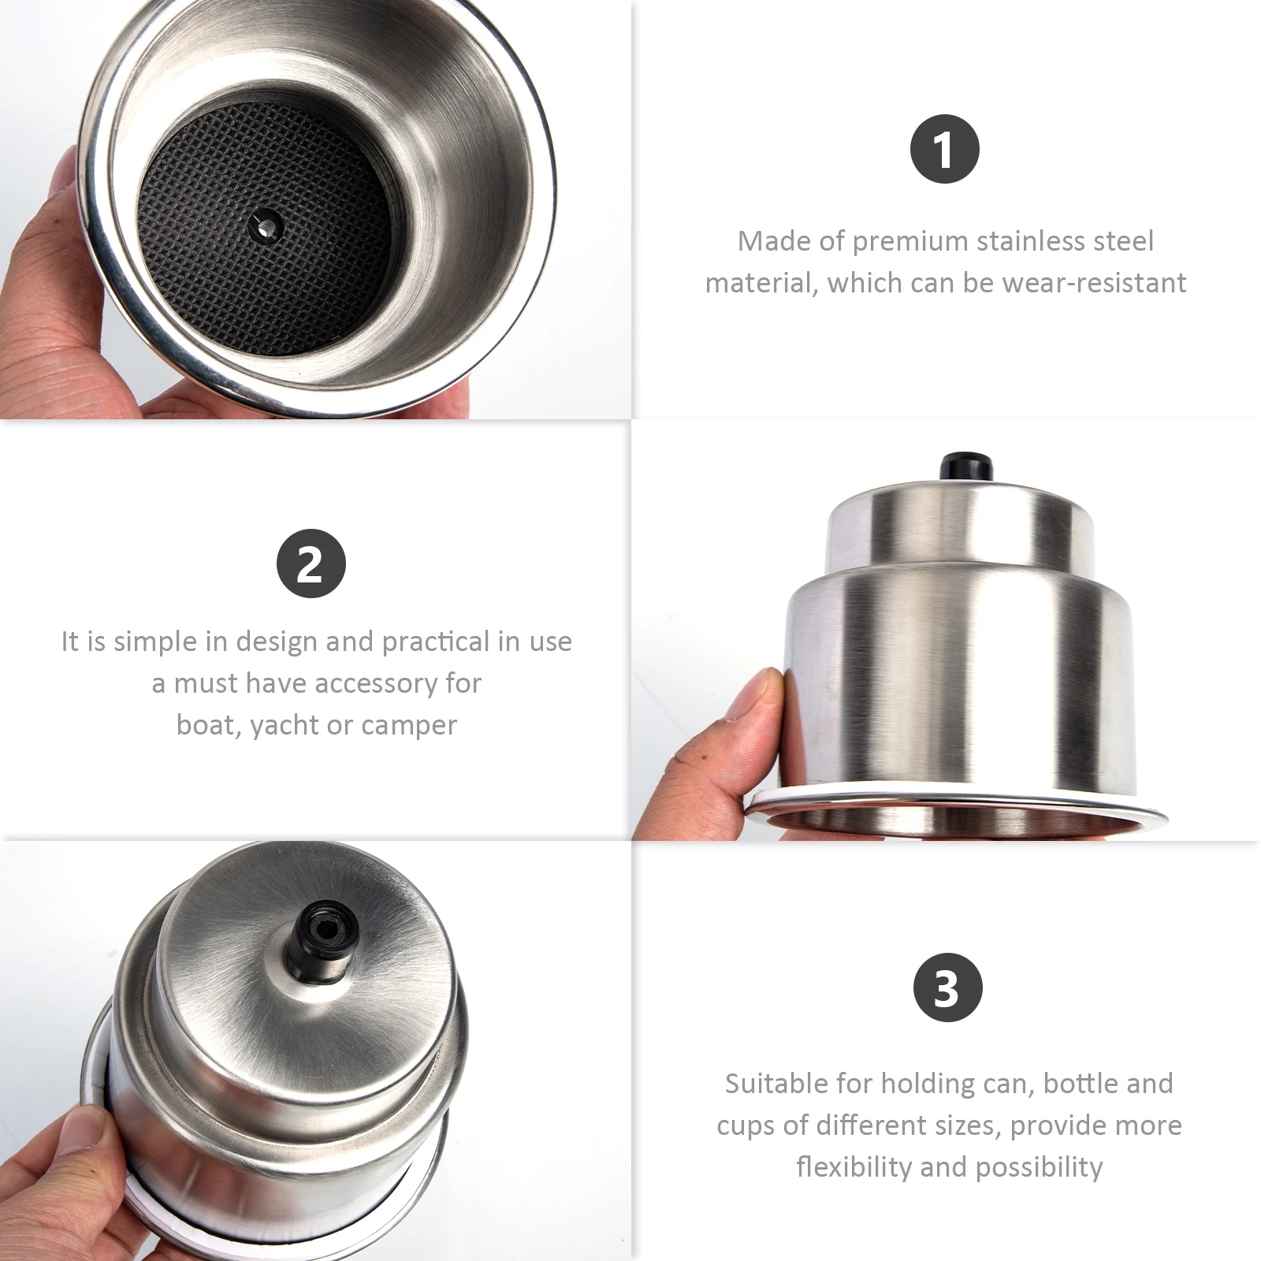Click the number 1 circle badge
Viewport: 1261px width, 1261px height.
944,149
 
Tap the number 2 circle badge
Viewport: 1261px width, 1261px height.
311,563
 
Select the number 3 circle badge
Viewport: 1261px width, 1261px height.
947,987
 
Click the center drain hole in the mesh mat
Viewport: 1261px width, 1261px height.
265,225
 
